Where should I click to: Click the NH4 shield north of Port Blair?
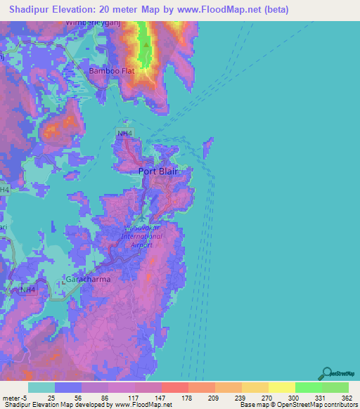(x=124, y=133)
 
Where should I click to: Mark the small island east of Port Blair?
(x=208, y=148)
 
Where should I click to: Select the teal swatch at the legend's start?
(x=41, y=387)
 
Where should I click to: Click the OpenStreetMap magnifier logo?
(x=327, y=373)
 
